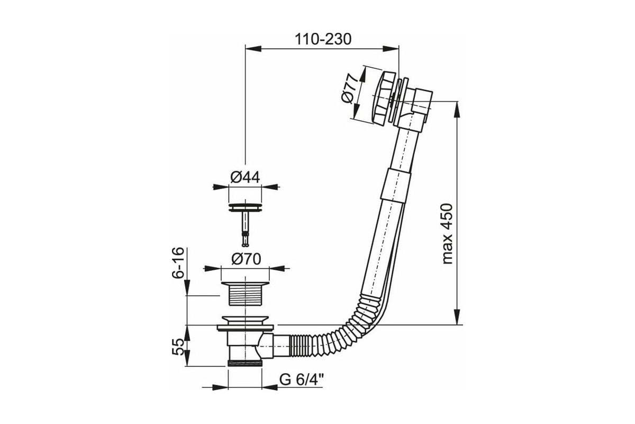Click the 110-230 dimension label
coord(323,39)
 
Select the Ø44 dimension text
coord(245,178)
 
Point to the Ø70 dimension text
coord(246,259)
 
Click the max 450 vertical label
coord(448,234)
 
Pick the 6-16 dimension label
coord(178,263)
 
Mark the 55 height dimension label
coord(178,347)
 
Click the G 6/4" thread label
coord(302,379)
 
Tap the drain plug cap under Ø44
coord(245,207)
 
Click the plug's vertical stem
coord(245,228)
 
